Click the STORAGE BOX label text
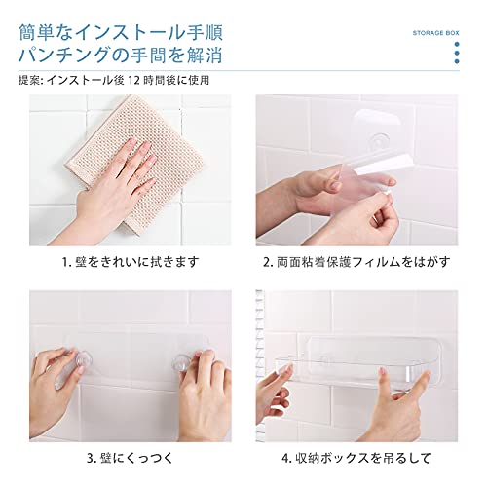[x=435, y=33]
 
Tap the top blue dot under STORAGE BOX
[x=457, y=45]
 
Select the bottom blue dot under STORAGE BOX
[x=457, y=61]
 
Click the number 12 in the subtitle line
[x=133, y=80]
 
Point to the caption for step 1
[x=131, y=262]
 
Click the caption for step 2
[x=356, y=262]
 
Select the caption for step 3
[x=131, y=458]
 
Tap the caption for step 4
[x=356, y=458]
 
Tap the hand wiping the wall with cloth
[x=110, y=185]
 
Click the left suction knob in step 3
[x=83, y=360]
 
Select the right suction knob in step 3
[x=181, y=362]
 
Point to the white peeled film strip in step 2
[x=382, y=165]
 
